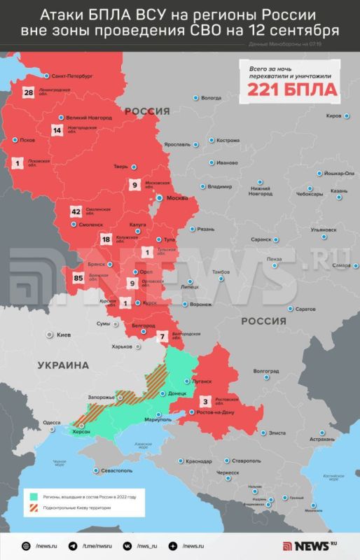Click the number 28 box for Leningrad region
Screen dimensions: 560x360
pyautogui.click(x=29, y=92)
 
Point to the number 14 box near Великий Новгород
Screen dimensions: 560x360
pyautogui.click(x=57, y=130)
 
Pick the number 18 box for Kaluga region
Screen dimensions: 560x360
pyautogui.click(x=106, y=239)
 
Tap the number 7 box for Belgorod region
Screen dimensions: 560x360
pyautogui.click(x=162, y=337)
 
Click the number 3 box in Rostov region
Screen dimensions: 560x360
pyautogui.click(x=205, y=402)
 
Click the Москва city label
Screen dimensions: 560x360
pyautogui.click(x=177, y=199)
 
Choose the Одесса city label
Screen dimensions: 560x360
pyautogui.click(x=51, y=423)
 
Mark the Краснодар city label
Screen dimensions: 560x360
pyautogui.click(x=200, y=461)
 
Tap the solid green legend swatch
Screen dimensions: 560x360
pyautogui.click(x=32, y=496)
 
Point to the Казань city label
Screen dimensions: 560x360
pyautogui.click(x=339, y=191)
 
